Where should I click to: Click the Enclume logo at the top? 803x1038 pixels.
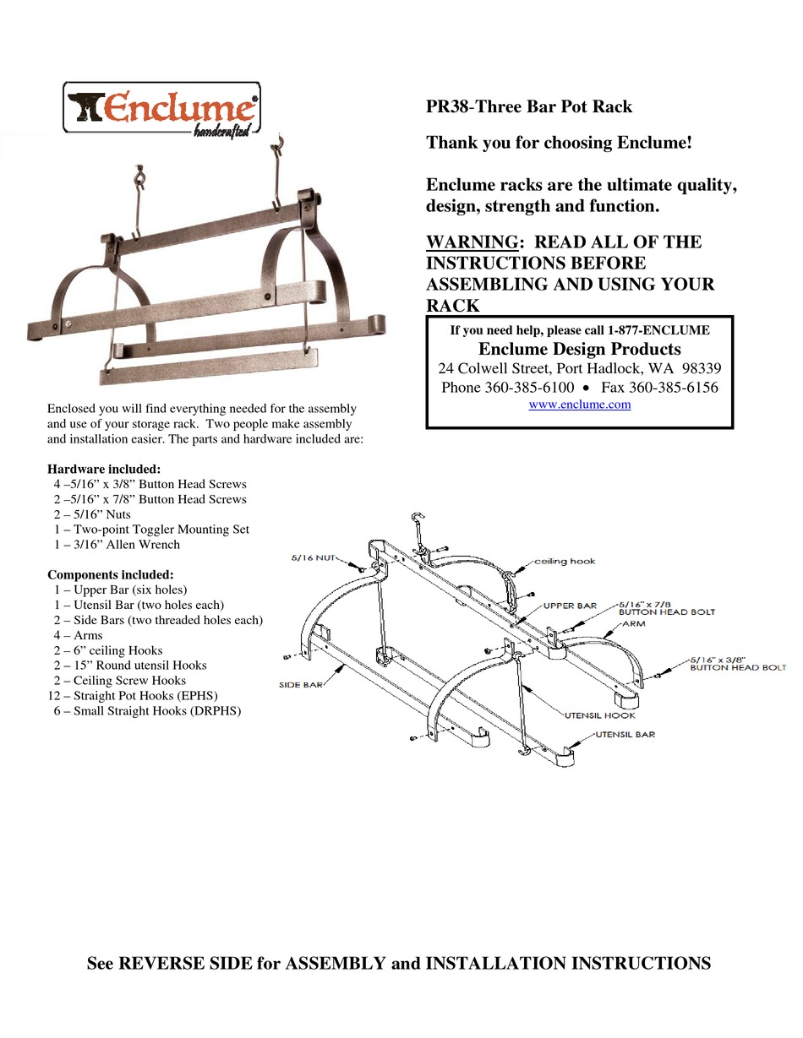coord(162,108)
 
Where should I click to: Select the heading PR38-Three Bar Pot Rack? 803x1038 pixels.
coord(528,107)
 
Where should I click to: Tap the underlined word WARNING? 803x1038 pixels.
coord(471,242)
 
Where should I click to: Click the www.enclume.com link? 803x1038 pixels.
coord(579,405)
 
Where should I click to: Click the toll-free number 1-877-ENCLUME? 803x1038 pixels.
coord(658,330)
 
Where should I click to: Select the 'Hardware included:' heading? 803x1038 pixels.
coord(104,469)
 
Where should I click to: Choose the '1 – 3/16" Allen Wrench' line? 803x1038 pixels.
coord(116,545)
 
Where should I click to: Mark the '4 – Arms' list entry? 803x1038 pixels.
coord(79,635)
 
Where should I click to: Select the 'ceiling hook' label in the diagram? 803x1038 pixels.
coord(565,561)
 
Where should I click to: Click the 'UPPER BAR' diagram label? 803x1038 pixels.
coord(570,606)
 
